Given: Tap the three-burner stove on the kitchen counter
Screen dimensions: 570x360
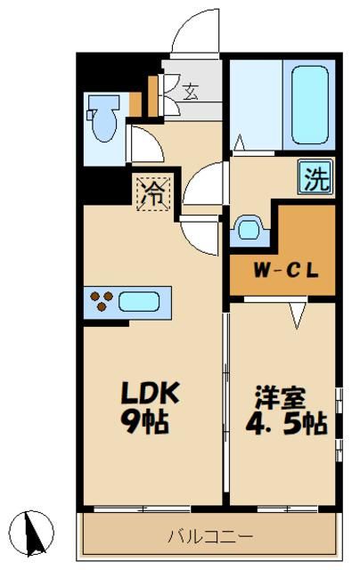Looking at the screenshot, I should [101, 302].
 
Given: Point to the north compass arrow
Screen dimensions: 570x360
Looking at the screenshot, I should [36, 532].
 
